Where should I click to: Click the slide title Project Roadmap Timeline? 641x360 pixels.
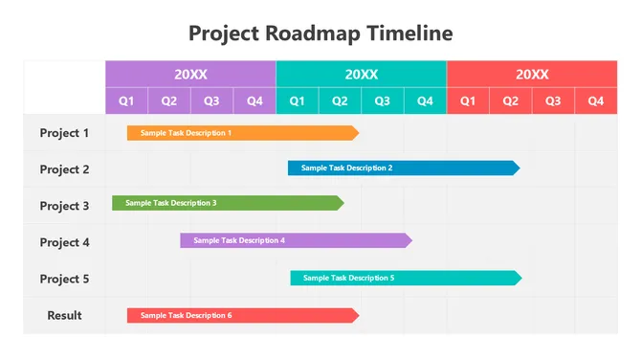[x=320, y=34]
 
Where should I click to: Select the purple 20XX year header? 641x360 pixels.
[x=190, y=74]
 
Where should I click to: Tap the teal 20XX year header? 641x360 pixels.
[x=361, y=74]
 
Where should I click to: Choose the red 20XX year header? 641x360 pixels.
[x=532, y=74]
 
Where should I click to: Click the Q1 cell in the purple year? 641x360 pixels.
[x=126, y=101]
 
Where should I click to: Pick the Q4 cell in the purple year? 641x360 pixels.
[x=254, y=101]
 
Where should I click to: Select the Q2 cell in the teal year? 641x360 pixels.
[x=340, y=101]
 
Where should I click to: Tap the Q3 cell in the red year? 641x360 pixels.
[x=553, y=101]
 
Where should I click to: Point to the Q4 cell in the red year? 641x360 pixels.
[x=596, y=101]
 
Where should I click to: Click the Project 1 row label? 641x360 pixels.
[x=64, y=133]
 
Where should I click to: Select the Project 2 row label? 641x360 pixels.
[x=64, y=169]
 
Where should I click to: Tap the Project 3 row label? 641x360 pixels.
[x=64, y=206]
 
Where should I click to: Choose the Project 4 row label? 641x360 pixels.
[x=64, y=242]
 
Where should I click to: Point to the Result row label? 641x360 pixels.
[x=64, y=315]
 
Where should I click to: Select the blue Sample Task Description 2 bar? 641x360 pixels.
[x=403, y=168]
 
